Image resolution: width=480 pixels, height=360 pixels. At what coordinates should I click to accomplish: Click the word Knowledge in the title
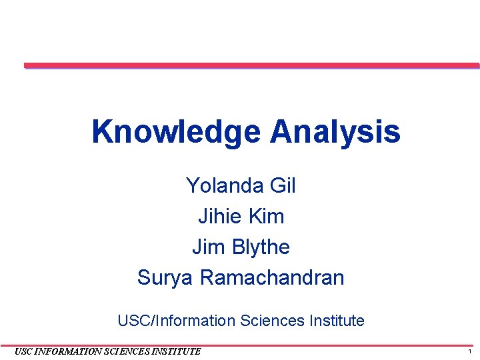177,132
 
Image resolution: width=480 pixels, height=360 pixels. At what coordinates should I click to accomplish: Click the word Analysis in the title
335,132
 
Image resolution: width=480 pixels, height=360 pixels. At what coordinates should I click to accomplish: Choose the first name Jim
209,247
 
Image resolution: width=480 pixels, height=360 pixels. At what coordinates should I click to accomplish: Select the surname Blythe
261,247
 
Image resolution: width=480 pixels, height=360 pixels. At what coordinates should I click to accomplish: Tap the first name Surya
165,277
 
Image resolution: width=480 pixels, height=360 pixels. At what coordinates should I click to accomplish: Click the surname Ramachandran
272,277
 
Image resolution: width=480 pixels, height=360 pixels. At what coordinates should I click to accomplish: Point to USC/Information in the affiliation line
177,321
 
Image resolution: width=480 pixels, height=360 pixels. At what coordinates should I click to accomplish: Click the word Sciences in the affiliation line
271,321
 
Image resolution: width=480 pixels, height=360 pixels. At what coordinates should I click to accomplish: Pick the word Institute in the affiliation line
336,321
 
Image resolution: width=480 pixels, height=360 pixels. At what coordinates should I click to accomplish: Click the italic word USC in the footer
23,351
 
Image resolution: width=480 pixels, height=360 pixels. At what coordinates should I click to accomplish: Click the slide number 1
470,351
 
